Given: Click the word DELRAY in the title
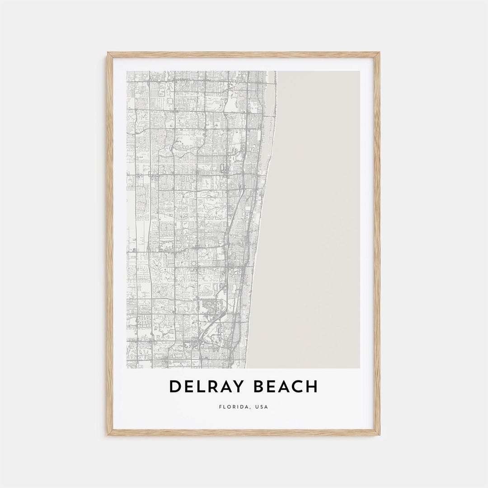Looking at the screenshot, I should tap(205, 387).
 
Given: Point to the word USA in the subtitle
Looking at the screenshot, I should tap(261, 407).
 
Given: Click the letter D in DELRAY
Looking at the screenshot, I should tap(175, 387).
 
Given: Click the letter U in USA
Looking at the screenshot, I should tap(257, 407).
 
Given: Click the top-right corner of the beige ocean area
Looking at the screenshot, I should tap(360, 71).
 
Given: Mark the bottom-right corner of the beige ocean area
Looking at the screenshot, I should tap(360, 368).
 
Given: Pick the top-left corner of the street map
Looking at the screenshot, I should tap(127, 71).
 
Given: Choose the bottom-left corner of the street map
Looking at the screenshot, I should tap(127, 368).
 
